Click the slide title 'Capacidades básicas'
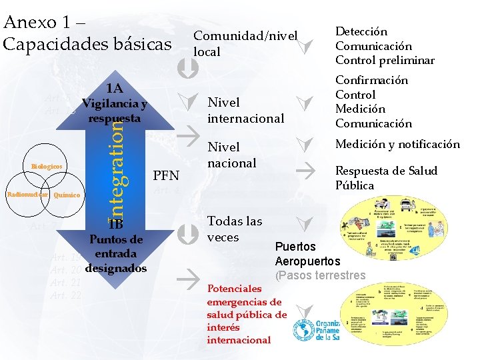click(x=87, y=44)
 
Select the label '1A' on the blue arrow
click(x=114, y=89)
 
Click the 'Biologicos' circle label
click(x=47, y=166)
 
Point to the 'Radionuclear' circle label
click(x=27, y=195)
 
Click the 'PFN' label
click(x=166, y=176)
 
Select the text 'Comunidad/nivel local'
click(x=244, y=43)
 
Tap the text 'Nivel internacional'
click(x=246, y=111)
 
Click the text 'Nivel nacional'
click(x=232, y=155)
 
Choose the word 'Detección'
click(x=361, y=31)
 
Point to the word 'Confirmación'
click(x=371, y=80)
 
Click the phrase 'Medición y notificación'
click(x=397, y=144)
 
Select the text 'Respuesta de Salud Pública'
click(x=385, y=178)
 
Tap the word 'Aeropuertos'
click(x=307, y=261)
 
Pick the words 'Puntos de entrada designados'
click(x=116, y=254)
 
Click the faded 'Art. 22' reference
click(x=65, y=295)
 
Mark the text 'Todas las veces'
click(x=235, y=229)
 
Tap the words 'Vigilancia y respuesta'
click(x=115, y=111)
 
